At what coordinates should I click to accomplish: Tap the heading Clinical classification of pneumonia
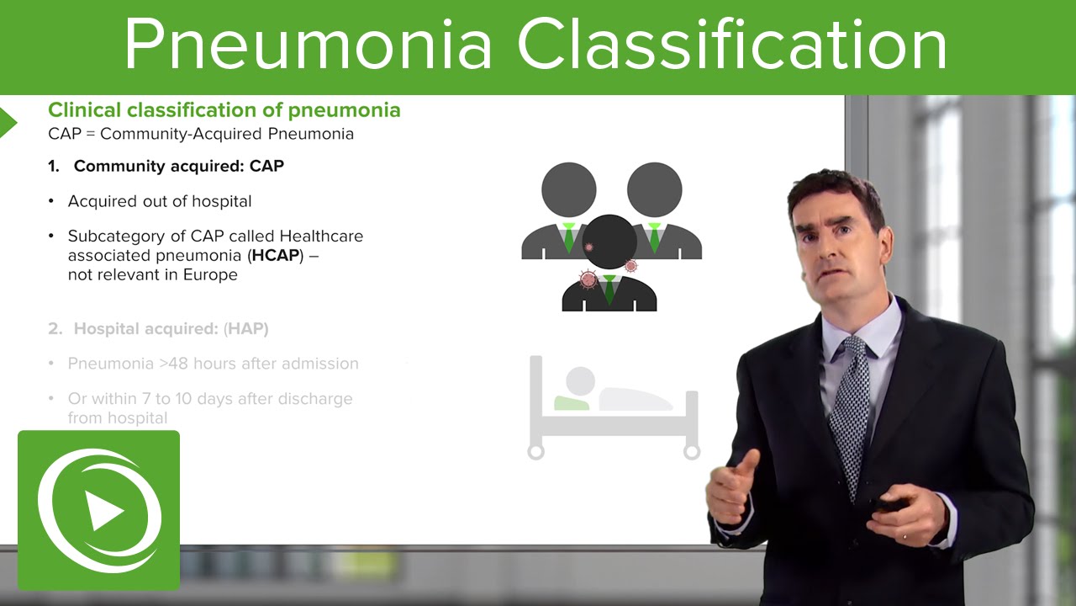(224, 110)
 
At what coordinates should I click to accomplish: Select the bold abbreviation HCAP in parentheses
(276, 255)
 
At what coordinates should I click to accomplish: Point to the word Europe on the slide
(210, 274)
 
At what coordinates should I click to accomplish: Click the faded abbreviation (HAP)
(246, 329)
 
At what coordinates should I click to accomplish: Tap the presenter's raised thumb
(746, 462)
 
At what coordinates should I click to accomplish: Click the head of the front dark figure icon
(609, 242)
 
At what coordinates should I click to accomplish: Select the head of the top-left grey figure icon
(568, 189)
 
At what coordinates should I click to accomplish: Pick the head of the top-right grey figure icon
(654, 189)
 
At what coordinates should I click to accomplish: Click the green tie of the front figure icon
(609, 288)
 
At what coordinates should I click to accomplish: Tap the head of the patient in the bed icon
(580, 380)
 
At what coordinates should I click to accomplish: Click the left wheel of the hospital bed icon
(535, 452)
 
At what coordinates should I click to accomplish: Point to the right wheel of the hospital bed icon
(692, 452)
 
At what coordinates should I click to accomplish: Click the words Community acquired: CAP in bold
(178, 166)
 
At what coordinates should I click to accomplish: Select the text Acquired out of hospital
(160, 201)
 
